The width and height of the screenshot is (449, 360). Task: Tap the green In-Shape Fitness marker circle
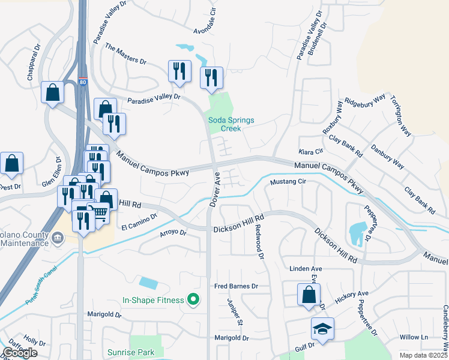coord(193,299)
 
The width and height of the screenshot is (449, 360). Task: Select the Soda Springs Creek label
coord(231,124)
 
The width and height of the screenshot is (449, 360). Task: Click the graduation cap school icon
coord(322,329)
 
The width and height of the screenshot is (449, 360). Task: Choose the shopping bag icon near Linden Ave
coord(308,295)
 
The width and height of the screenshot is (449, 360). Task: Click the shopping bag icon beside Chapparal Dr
coord(52,92)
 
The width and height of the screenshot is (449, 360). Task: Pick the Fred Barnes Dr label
coord(236,287)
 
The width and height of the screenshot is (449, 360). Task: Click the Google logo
coord(20,353)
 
